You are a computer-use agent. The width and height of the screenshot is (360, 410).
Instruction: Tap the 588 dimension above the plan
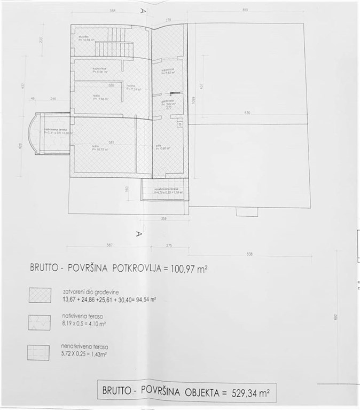point(113,10)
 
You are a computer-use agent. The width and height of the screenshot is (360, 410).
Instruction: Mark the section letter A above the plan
point(143,10)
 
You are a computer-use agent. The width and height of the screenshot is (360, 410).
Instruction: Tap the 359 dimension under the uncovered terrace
point(165,218)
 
